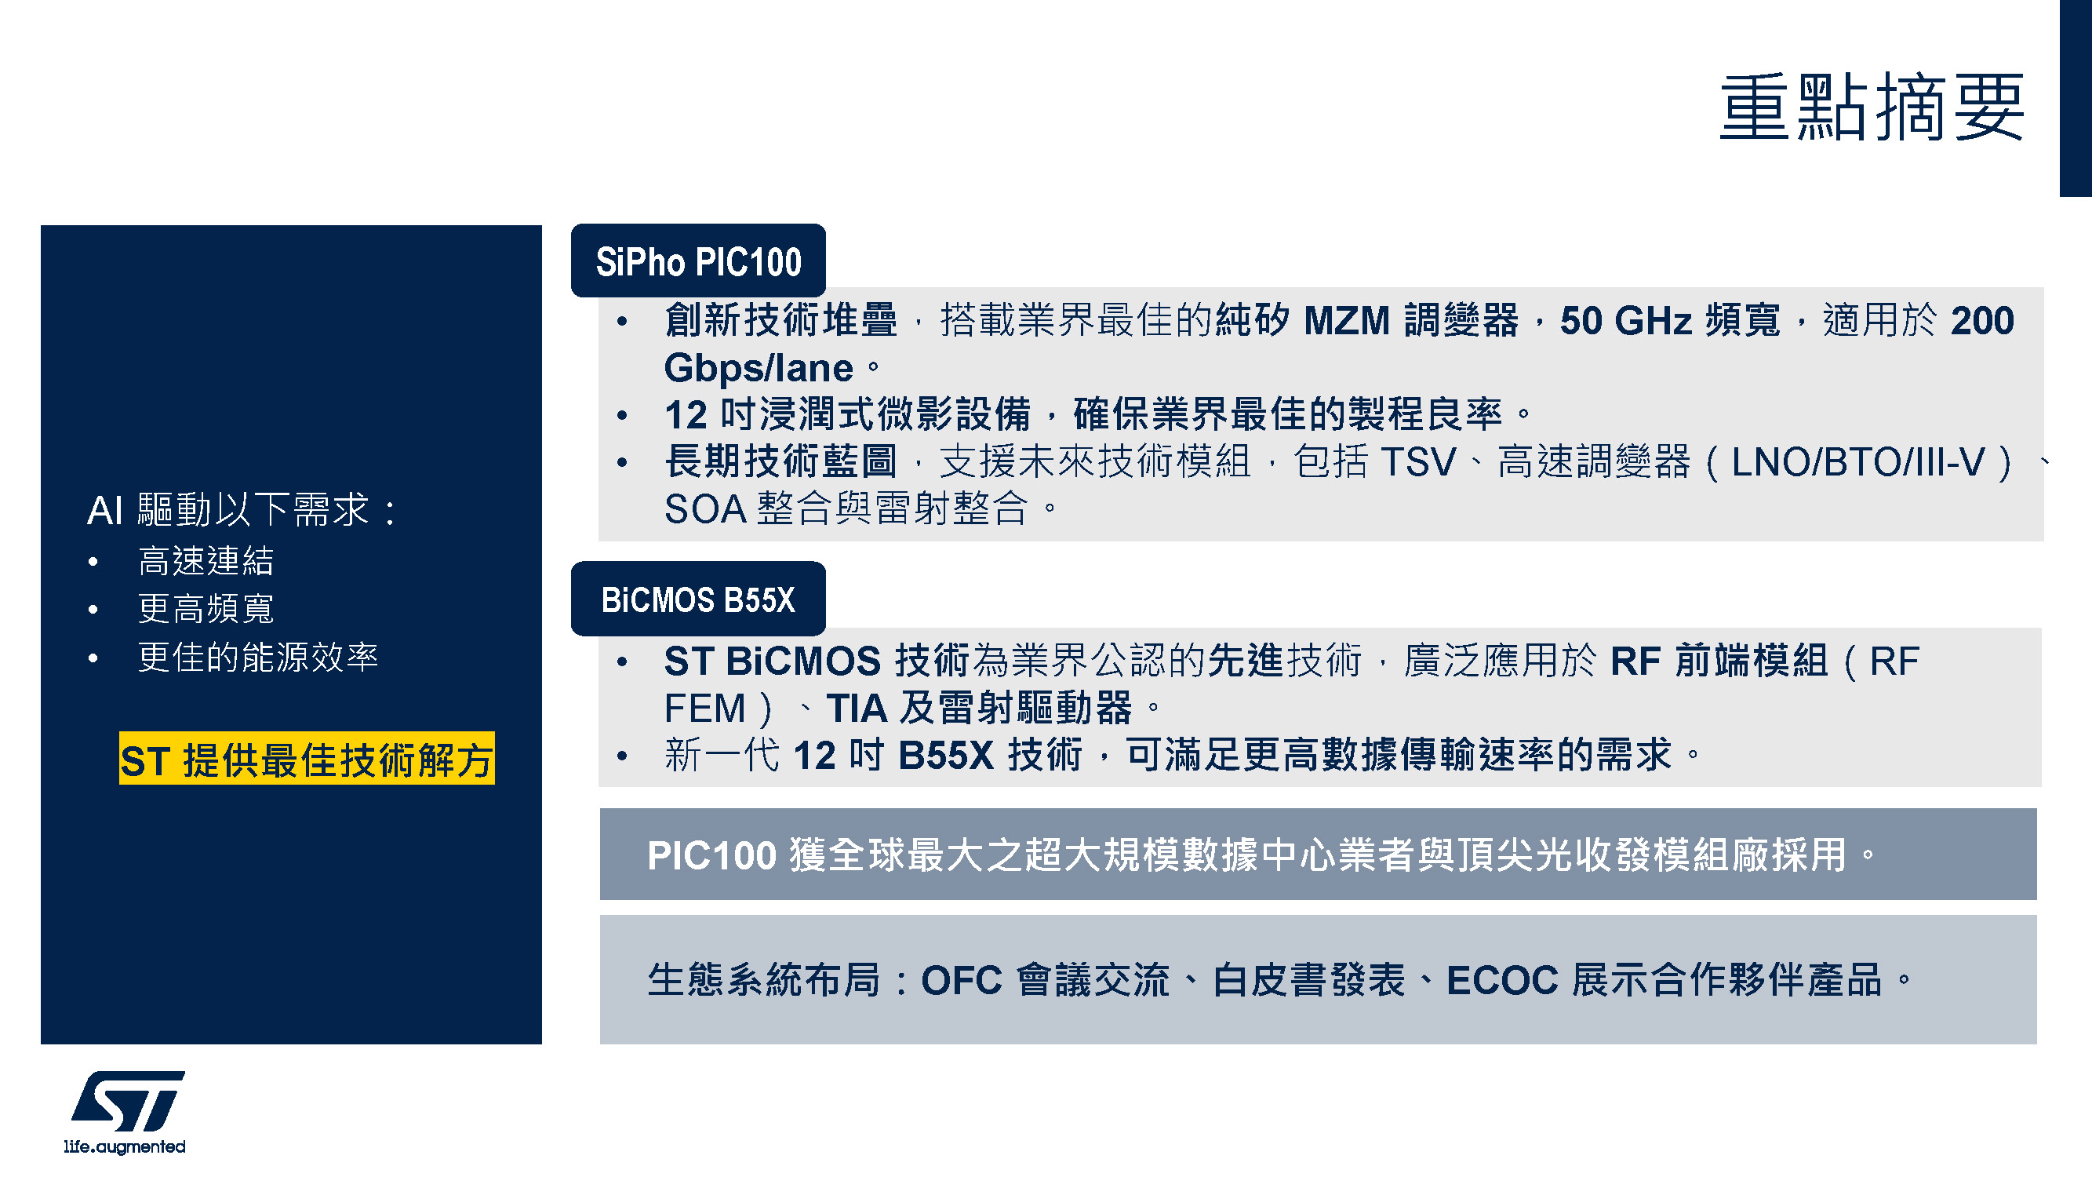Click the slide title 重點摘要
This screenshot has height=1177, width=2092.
(1871, 107)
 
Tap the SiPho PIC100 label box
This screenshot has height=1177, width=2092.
(698, 261)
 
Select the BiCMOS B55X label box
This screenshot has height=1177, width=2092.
(698, 599)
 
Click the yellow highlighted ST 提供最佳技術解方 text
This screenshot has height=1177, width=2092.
(307, 759)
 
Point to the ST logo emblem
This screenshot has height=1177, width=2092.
(128, 1101)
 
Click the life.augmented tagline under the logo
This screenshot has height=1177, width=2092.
(125, 1146)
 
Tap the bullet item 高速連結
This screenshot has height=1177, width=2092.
(206, 560)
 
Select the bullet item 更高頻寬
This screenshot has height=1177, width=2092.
(206, 608)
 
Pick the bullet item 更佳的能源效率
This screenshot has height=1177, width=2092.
(258, 657)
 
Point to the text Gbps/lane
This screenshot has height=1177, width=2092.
(759, 369)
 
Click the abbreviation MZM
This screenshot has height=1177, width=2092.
(1348, 320)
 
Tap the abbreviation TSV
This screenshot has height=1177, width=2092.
(1418, 462)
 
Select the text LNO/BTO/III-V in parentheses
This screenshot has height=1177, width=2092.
(1858, 462)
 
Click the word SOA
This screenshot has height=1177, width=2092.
(706, 509)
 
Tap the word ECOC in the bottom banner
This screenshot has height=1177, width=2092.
(1502, 980)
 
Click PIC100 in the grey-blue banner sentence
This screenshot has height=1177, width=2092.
(712, 855)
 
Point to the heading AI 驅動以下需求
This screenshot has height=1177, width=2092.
(241, 510)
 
